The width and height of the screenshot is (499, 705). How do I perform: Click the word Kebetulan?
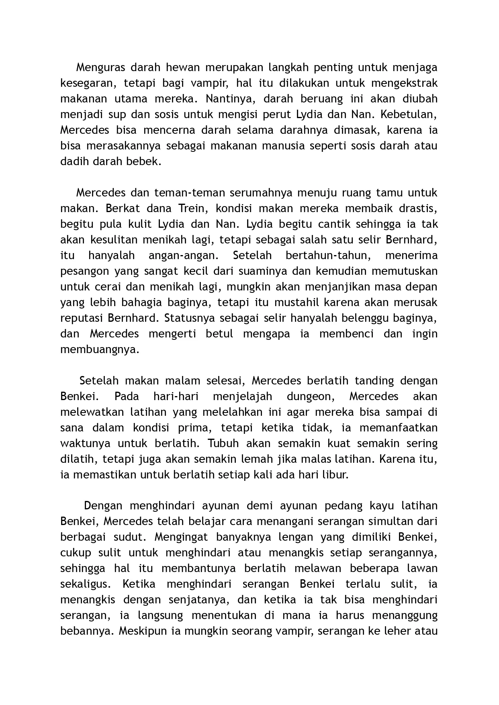408,114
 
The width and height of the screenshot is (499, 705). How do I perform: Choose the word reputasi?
82,318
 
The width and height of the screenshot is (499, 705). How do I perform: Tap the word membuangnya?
100,349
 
